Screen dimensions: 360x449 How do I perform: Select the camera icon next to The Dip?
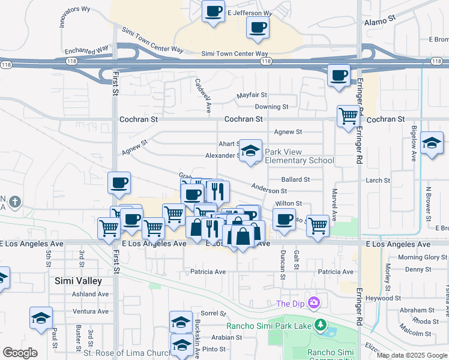pos(313,302)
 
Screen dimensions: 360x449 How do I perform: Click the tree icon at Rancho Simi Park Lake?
pos(321,325)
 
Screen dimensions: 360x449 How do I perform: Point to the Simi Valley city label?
pos(78,280)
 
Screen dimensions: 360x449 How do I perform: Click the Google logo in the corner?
pos(20,353)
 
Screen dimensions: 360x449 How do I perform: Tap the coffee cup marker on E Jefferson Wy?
pos(212,11)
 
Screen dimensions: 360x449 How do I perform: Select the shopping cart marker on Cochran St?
pos(348,115)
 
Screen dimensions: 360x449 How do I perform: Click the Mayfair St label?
pos(252,95)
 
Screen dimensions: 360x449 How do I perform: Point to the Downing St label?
pos(271,107)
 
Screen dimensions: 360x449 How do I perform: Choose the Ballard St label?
pos(295,179)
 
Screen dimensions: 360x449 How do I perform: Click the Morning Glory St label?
pos(419,257)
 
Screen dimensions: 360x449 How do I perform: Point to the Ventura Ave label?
pos(90,311)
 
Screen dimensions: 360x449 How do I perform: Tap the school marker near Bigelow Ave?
pos(432,144)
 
